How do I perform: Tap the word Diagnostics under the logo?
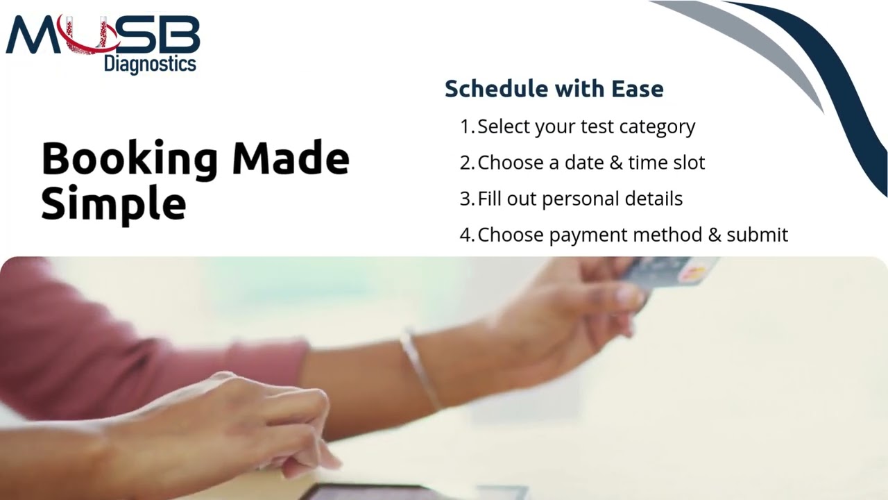tap(150, 65)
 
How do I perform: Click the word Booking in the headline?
tap(129, 160)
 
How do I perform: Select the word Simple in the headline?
tap(113, 204)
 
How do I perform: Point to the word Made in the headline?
tap(290, 158)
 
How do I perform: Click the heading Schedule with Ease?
tap(554, 89)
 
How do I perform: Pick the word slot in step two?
tap(686, 162)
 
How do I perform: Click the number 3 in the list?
tap(466, 199)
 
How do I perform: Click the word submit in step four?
tap(757, 235)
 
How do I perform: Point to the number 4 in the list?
tap(466, 235)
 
